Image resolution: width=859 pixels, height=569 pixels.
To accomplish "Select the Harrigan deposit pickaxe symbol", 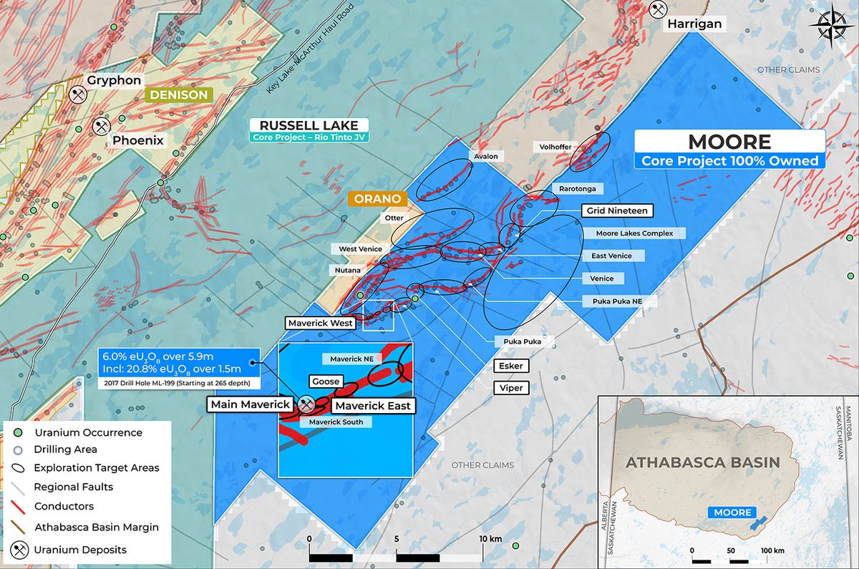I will pyautogui.click(x=657, y=9).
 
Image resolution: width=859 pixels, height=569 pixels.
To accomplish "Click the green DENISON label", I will pyautogui.click(x=178, y=94).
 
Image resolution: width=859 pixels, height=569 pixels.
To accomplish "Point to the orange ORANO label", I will pyautogui.click(x=377, y=198).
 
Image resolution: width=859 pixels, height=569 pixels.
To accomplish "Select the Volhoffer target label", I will pyautogui.click(x=555, y=147).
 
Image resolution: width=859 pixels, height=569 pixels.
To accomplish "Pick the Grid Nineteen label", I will pyautogui.click(x=617, y=210).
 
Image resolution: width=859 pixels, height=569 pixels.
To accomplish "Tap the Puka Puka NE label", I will pyautogui.click(x=617, y=301).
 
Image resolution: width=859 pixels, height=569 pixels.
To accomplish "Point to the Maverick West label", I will pyautogui.click(x=321, y=323).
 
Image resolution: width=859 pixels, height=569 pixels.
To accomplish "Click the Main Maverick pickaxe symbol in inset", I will pyautogui.click(x=306, y=405).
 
